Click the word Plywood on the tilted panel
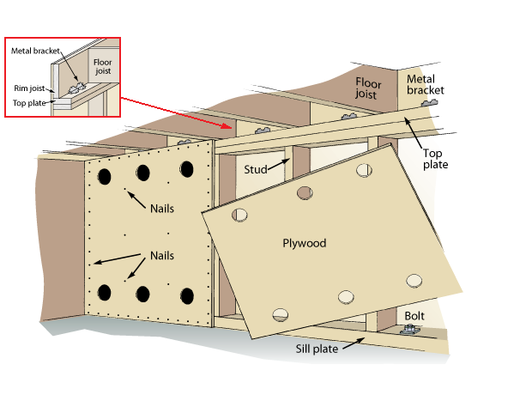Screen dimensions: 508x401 [x=305, y=243]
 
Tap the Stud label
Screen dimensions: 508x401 [x=256, y=169]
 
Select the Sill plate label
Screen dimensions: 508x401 [x=317, y=349]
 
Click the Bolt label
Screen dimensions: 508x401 [x=414, y=316]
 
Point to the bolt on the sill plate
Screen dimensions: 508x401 [x=409, y=330]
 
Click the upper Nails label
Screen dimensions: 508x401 [x=162, y=209]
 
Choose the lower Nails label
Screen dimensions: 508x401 [x=162, y=255]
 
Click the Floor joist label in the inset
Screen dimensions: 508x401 [x=103, y=66]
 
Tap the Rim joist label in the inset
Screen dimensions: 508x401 [x=29, y=88]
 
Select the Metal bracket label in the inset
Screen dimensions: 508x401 [x=35, y=51]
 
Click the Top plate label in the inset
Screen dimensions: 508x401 [x=29, y=103]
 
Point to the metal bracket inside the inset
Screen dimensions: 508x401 [x=77, y=88]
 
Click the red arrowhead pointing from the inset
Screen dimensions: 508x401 [x=227, y=125]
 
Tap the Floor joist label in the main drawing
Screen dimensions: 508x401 [x=368, y=88]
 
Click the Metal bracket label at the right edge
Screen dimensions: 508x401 [x=425, y=85]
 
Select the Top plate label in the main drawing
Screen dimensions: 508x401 [x=435, y=159]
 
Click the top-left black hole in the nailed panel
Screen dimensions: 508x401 [x=105, y=177]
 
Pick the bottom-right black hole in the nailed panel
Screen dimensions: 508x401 [x=187, y=296]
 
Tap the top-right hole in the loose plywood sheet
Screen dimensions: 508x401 [x=364, y=170]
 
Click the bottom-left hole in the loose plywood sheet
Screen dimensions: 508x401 [x=281, y=314]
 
